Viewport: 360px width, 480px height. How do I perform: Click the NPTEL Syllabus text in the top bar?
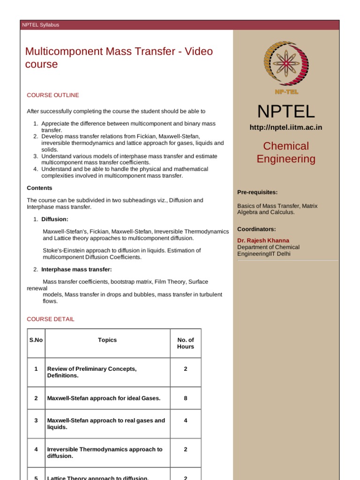41,25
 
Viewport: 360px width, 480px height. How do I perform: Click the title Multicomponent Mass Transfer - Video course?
119,58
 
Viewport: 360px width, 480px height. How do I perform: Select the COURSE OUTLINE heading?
53,95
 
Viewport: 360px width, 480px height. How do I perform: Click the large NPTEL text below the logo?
286,112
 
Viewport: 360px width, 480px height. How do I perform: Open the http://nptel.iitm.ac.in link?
286,127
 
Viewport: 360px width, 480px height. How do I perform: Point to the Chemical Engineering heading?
286,152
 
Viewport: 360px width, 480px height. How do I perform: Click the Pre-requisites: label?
257,192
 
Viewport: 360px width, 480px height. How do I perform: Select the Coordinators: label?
256,229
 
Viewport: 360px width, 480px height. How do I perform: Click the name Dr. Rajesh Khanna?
263,240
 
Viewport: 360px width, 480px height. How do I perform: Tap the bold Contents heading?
40,188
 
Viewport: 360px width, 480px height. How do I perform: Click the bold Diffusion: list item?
55,219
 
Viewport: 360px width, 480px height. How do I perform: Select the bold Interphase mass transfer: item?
76,270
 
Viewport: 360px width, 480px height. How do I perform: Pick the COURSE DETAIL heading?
51,319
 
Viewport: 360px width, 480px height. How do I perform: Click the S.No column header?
36,340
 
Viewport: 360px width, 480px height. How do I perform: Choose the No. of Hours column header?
185,343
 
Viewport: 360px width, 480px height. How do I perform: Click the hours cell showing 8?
185,398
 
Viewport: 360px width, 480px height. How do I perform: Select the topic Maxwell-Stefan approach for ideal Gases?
104,398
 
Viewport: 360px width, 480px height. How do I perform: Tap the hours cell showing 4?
185,420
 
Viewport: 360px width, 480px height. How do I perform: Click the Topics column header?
107,340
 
